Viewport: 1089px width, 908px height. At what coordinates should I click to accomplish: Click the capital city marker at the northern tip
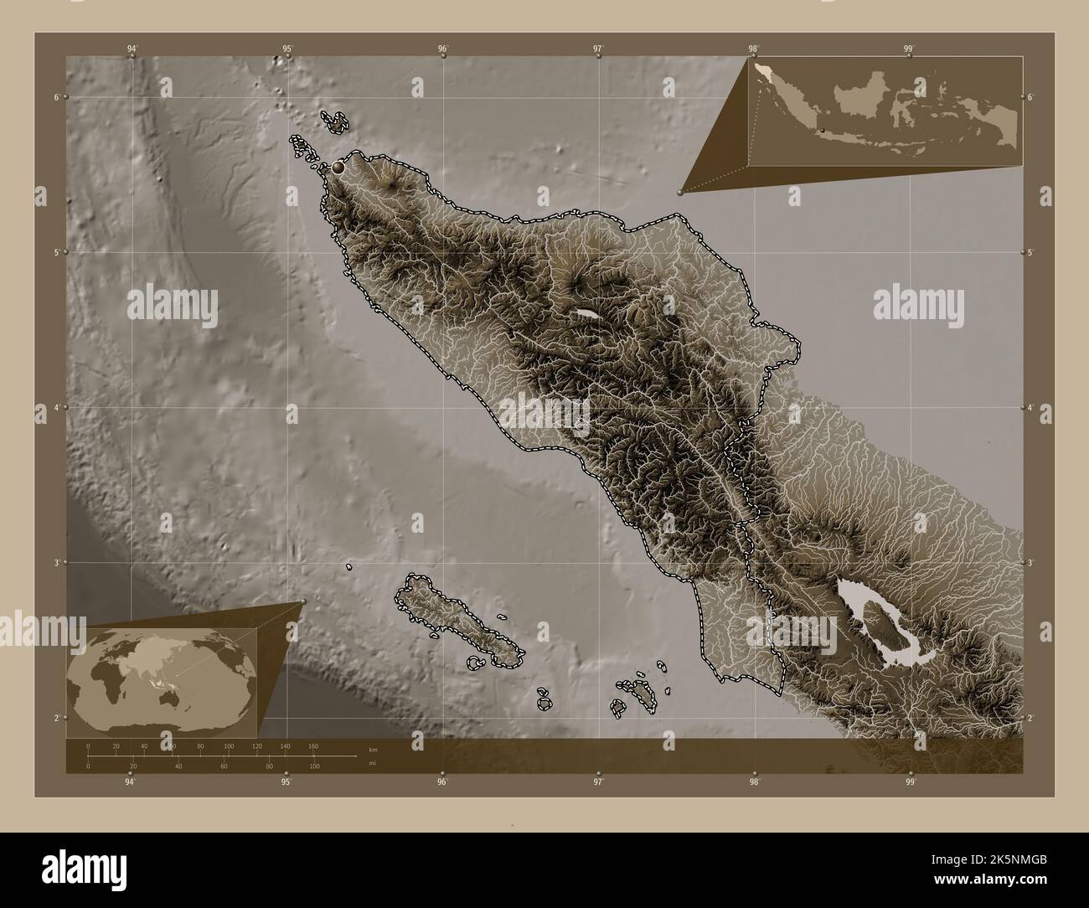pyautogui.click(x=338, y=168)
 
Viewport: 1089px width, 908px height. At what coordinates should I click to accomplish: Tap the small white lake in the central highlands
pyautogui.click(x=587, y=314)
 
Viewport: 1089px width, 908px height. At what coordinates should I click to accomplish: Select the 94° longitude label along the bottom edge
pyautogui.click(x=130, y=782)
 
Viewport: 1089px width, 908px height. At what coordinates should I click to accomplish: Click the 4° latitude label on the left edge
pyautogui.click(x=56, y=407)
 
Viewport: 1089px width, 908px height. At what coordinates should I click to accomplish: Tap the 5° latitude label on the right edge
pyautogui.click(x=1031, y=252)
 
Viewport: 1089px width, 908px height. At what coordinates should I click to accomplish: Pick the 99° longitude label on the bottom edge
pyautogui.click(x=910, y=782)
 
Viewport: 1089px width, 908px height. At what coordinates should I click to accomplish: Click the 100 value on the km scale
pyautogui.click(x=229, y=745)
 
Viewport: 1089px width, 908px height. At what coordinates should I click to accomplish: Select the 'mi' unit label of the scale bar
pyautogui.click(x=360, y=762)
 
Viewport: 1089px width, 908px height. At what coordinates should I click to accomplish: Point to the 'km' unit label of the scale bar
pyautogui.click(x=361, y=749)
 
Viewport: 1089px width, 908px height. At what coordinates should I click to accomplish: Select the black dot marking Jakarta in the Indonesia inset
pyautogui.click(x=823, y=130)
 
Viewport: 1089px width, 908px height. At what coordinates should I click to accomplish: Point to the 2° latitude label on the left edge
pyautogui.click(x=56, y=718)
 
